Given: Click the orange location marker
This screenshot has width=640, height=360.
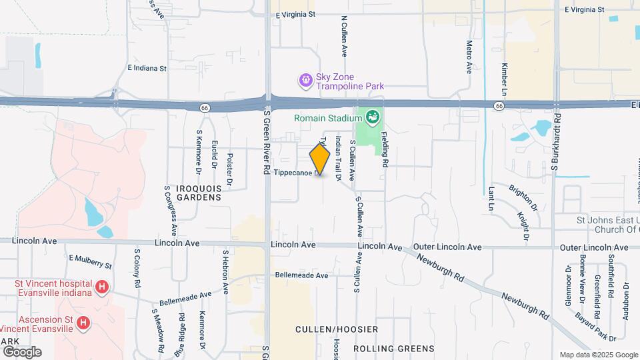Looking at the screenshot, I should pos(320,160).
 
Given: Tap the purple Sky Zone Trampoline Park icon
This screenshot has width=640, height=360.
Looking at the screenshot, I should pos(305,81).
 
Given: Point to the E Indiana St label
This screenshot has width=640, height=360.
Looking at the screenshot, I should pos(147,68).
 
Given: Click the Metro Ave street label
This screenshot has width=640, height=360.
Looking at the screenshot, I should pos(469,57).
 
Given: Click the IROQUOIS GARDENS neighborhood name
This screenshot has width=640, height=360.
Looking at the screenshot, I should pos(199,193).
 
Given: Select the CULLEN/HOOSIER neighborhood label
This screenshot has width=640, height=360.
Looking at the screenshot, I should pos(336,329).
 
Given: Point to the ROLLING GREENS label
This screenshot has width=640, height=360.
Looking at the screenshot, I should pos(393,348).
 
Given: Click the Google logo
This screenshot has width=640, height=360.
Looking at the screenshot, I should pos(22,351).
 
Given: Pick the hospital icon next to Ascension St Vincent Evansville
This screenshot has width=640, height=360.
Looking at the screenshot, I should pos(83,323).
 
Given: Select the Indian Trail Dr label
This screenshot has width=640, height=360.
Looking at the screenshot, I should pos(339,159).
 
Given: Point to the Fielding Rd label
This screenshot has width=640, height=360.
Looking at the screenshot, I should pos(385,148).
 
